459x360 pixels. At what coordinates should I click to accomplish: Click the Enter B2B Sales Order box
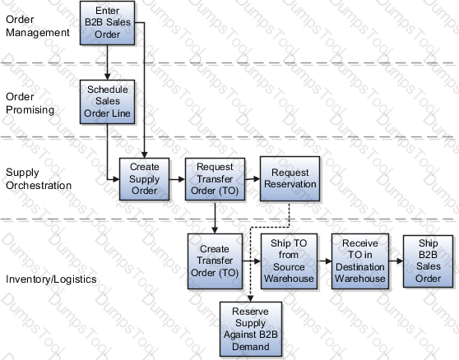pyautogui.click(x=108, y=23)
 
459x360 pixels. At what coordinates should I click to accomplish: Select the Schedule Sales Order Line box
pyautogui.click(x=108, y=102)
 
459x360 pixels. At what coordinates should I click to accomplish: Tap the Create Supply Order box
pyautogui.click(x=144, y=179)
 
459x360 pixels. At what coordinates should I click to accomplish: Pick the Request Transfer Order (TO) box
pyautogui.click(x=215, y=179)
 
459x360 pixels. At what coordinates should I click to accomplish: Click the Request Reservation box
pyautogui.click(x=290, y=178)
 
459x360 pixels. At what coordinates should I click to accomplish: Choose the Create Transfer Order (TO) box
pyautogui.click(x=215, y=261)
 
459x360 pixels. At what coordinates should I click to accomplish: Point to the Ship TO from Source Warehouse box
pyautogui.click(x=289, y=261)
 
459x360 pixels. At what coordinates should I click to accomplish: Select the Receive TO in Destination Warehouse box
pyautogui.click(x=360, y=261)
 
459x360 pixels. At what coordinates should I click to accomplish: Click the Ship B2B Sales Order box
pyautogui.click(x=428, y=261)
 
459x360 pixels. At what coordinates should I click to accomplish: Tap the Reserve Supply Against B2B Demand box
pyautogui.click(x=251, y=329)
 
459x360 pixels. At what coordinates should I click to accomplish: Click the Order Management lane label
pyautogui.click(x=38, y=26)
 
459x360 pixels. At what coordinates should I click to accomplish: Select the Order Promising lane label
pyautogui.click(x=30, y=104)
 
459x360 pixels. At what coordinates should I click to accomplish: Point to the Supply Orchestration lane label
pyautogui.click(x=39, y=178)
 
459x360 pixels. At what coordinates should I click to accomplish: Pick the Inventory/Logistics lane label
pyautogui.click(x=51, y=279)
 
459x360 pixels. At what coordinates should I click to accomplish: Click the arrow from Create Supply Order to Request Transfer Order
pyautogui.click(x=177, y=179)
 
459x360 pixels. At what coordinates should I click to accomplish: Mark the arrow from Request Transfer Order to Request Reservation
pyautogui.click(x=253, y=178)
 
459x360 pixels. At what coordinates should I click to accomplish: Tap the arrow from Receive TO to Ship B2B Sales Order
pyautogui.click(x=396, y=261)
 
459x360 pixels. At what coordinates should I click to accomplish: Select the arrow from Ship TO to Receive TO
pyautogui.click(x=324, y=261)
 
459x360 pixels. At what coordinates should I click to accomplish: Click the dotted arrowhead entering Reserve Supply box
pyautogui.click(x=250, y=298)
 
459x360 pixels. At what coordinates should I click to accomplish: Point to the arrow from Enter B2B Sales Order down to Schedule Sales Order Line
pyautogui.click(x=107, y=62)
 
